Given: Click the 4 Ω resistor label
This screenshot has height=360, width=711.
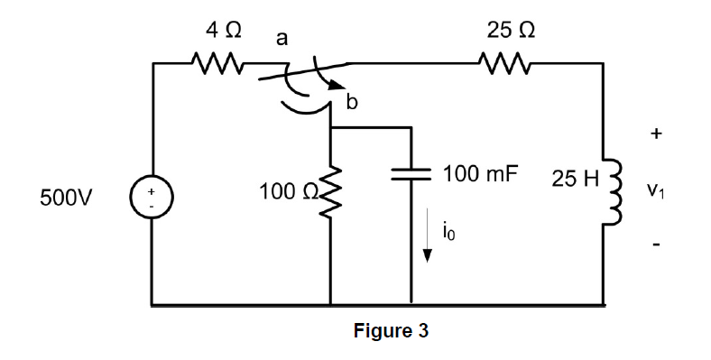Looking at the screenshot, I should click(223, 30).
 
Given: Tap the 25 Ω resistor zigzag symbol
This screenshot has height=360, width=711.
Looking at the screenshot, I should click(497, 65).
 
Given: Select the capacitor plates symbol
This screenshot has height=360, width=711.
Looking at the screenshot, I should click(413, 175).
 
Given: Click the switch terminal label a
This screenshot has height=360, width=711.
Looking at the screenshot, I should click(282, 38).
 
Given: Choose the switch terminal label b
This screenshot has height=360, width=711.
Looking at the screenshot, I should click(353, 103).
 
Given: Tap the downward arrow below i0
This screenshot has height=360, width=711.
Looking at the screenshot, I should click(429, 245).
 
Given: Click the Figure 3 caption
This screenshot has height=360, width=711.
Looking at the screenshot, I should click(391, 331).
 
